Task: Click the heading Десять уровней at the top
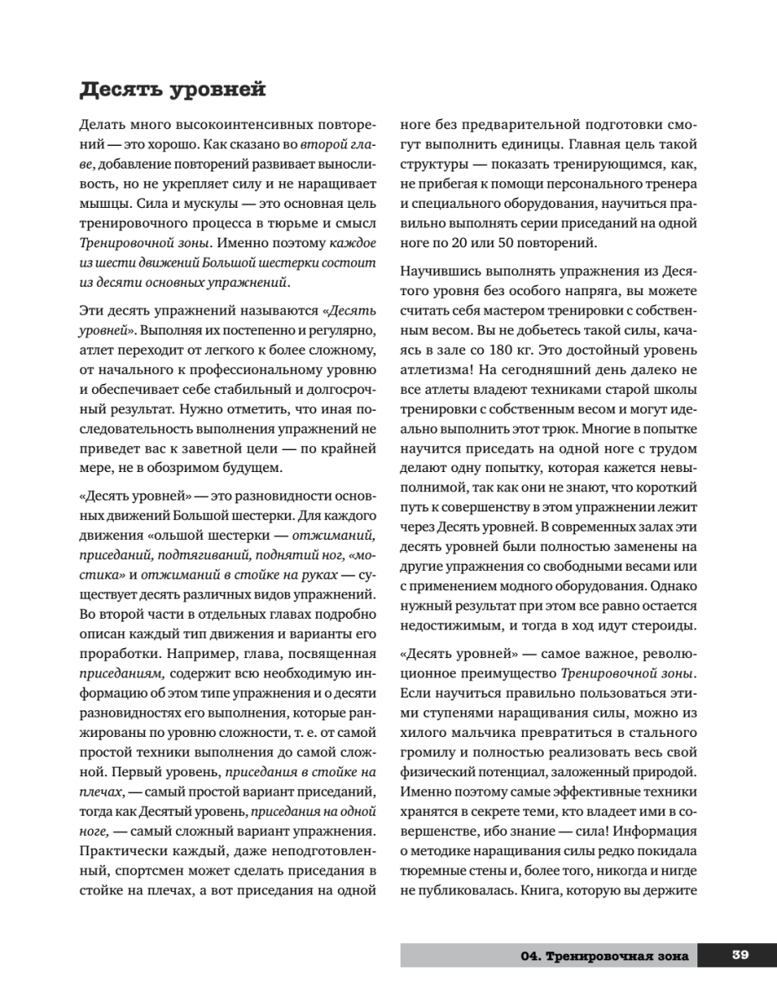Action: (172, 88)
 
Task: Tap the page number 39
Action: (739, 955)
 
